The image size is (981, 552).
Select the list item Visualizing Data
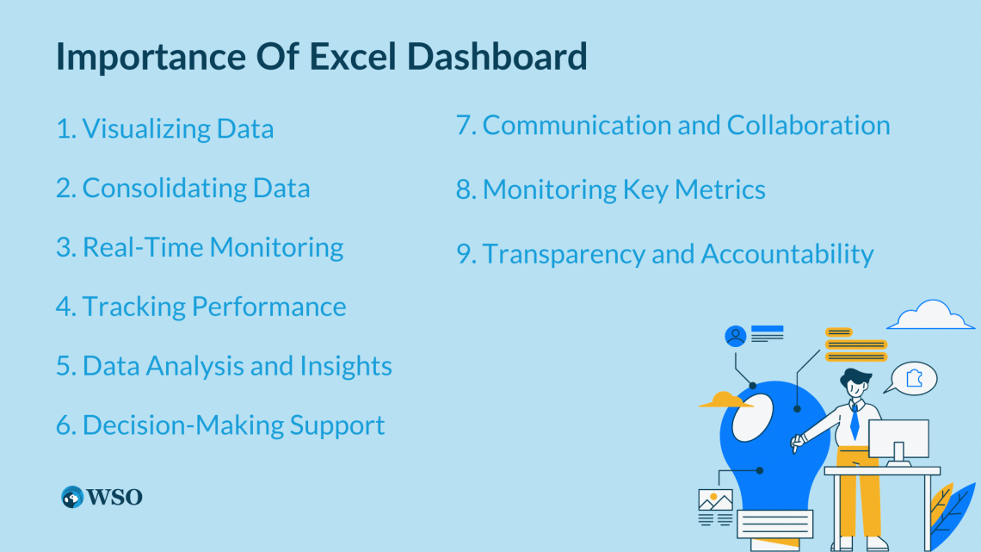click(165, 129)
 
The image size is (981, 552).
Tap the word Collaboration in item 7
click(808, 126)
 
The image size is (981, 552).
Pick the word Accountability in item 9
click(787, 254)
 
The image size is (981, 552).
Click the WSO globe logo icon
click(72, 497)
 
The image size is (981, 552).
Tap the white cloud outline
click(930, 316)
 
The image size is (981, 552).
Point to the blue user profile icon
click(735, 336)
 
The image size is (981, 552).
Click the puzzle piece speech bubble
click(914, 377)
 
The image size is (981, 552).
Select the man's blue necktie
click(854, 421)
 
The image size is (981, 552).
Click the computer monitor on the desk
click(898, 439)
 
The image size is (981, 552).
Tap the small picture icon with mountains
click(715, 500)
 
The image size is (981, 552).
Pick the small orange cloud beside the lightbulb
click(724, 400)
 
